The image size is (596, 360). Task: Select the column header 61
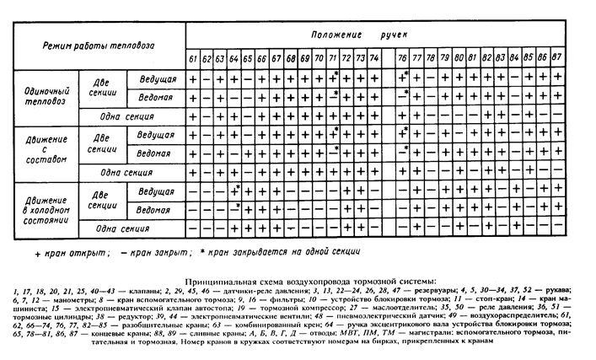pos(193,59)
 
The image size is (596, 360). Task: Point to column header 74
pos(375,59)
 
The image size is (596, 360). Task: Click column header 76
pos(404,59)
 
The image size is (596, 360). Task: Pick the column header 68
pos(290,59)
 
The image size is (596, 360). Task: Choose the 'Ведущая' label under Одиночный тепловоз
pos(156,78)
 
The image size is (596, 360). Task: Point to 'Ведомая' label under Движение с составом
pos(156,153)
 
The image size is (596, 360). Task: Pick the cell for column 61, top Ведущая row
pos(193,78)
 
